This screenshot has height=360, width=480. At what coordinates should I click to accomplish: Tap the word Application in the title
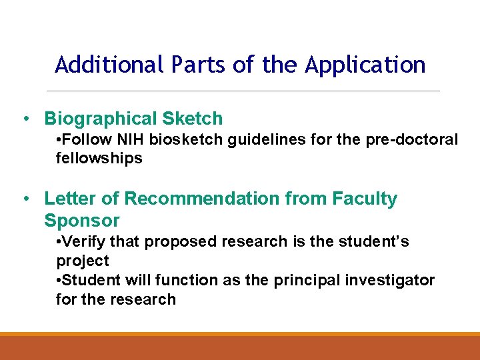coord(365,65)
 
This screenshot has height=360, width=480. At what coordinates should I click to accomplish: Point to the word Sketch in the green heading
coord(193,119)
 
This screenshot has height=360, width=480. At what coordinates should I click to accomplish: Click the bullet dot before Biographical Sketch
coord(24,119)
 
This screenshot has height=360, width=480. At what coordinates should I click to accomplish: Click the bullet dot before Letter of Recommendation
coord(24,199)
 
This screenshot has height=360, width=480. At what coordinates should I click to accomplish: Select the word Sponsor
coord(81,221)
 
